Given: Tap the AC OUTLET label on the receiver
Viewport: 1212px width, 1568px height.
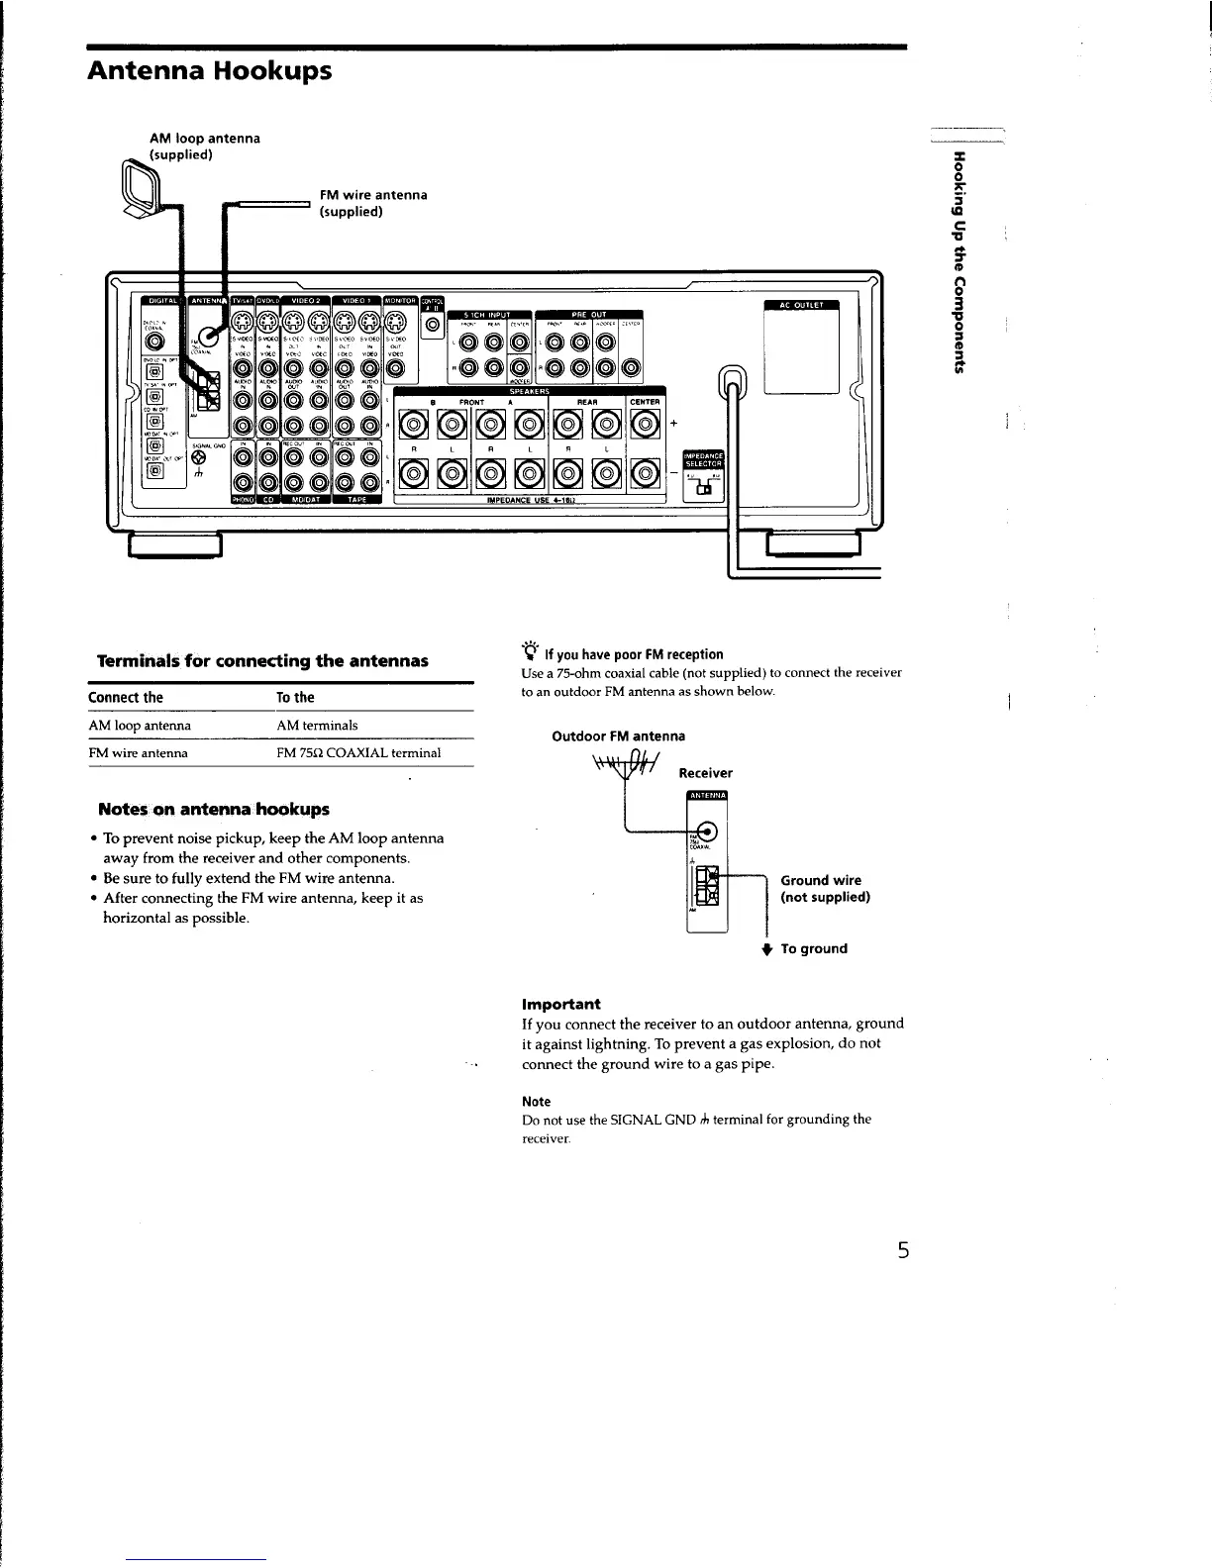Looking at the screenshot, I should pyautogui.click(x=801, y=305).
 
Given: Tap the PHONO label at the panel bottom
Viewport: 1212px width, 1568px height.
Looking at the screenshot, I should pyautogui.click(x=243, y=499).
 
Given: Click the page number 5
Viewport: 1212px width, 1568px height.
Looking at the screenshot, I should pyautogui.click(x=902, y=1249).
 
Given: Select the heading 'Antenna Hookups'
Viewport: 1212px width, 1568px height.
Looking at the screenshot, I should pyautogui.click(x=209, y=71).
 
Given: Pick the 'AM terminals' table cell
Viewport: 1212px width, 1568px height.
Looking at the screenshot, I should pyautogui.click(x=317, y=726).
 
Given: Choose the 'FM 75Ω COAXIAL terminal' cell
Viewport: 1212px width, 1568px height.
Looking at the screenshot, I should pyautogui.click(x=358, y=753).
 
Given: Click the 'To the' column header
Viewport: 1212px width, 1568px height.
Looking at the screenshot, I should pyautogui.click(x=295, y=697).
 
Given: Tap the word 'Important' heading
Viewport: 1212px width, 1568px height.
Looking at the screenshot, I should pyautogui.click(x=560, y=1003).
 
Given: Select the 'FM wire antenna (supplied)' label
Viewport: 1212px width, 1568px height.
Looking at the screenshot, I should pyautogui.click(x=372, y=203).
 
